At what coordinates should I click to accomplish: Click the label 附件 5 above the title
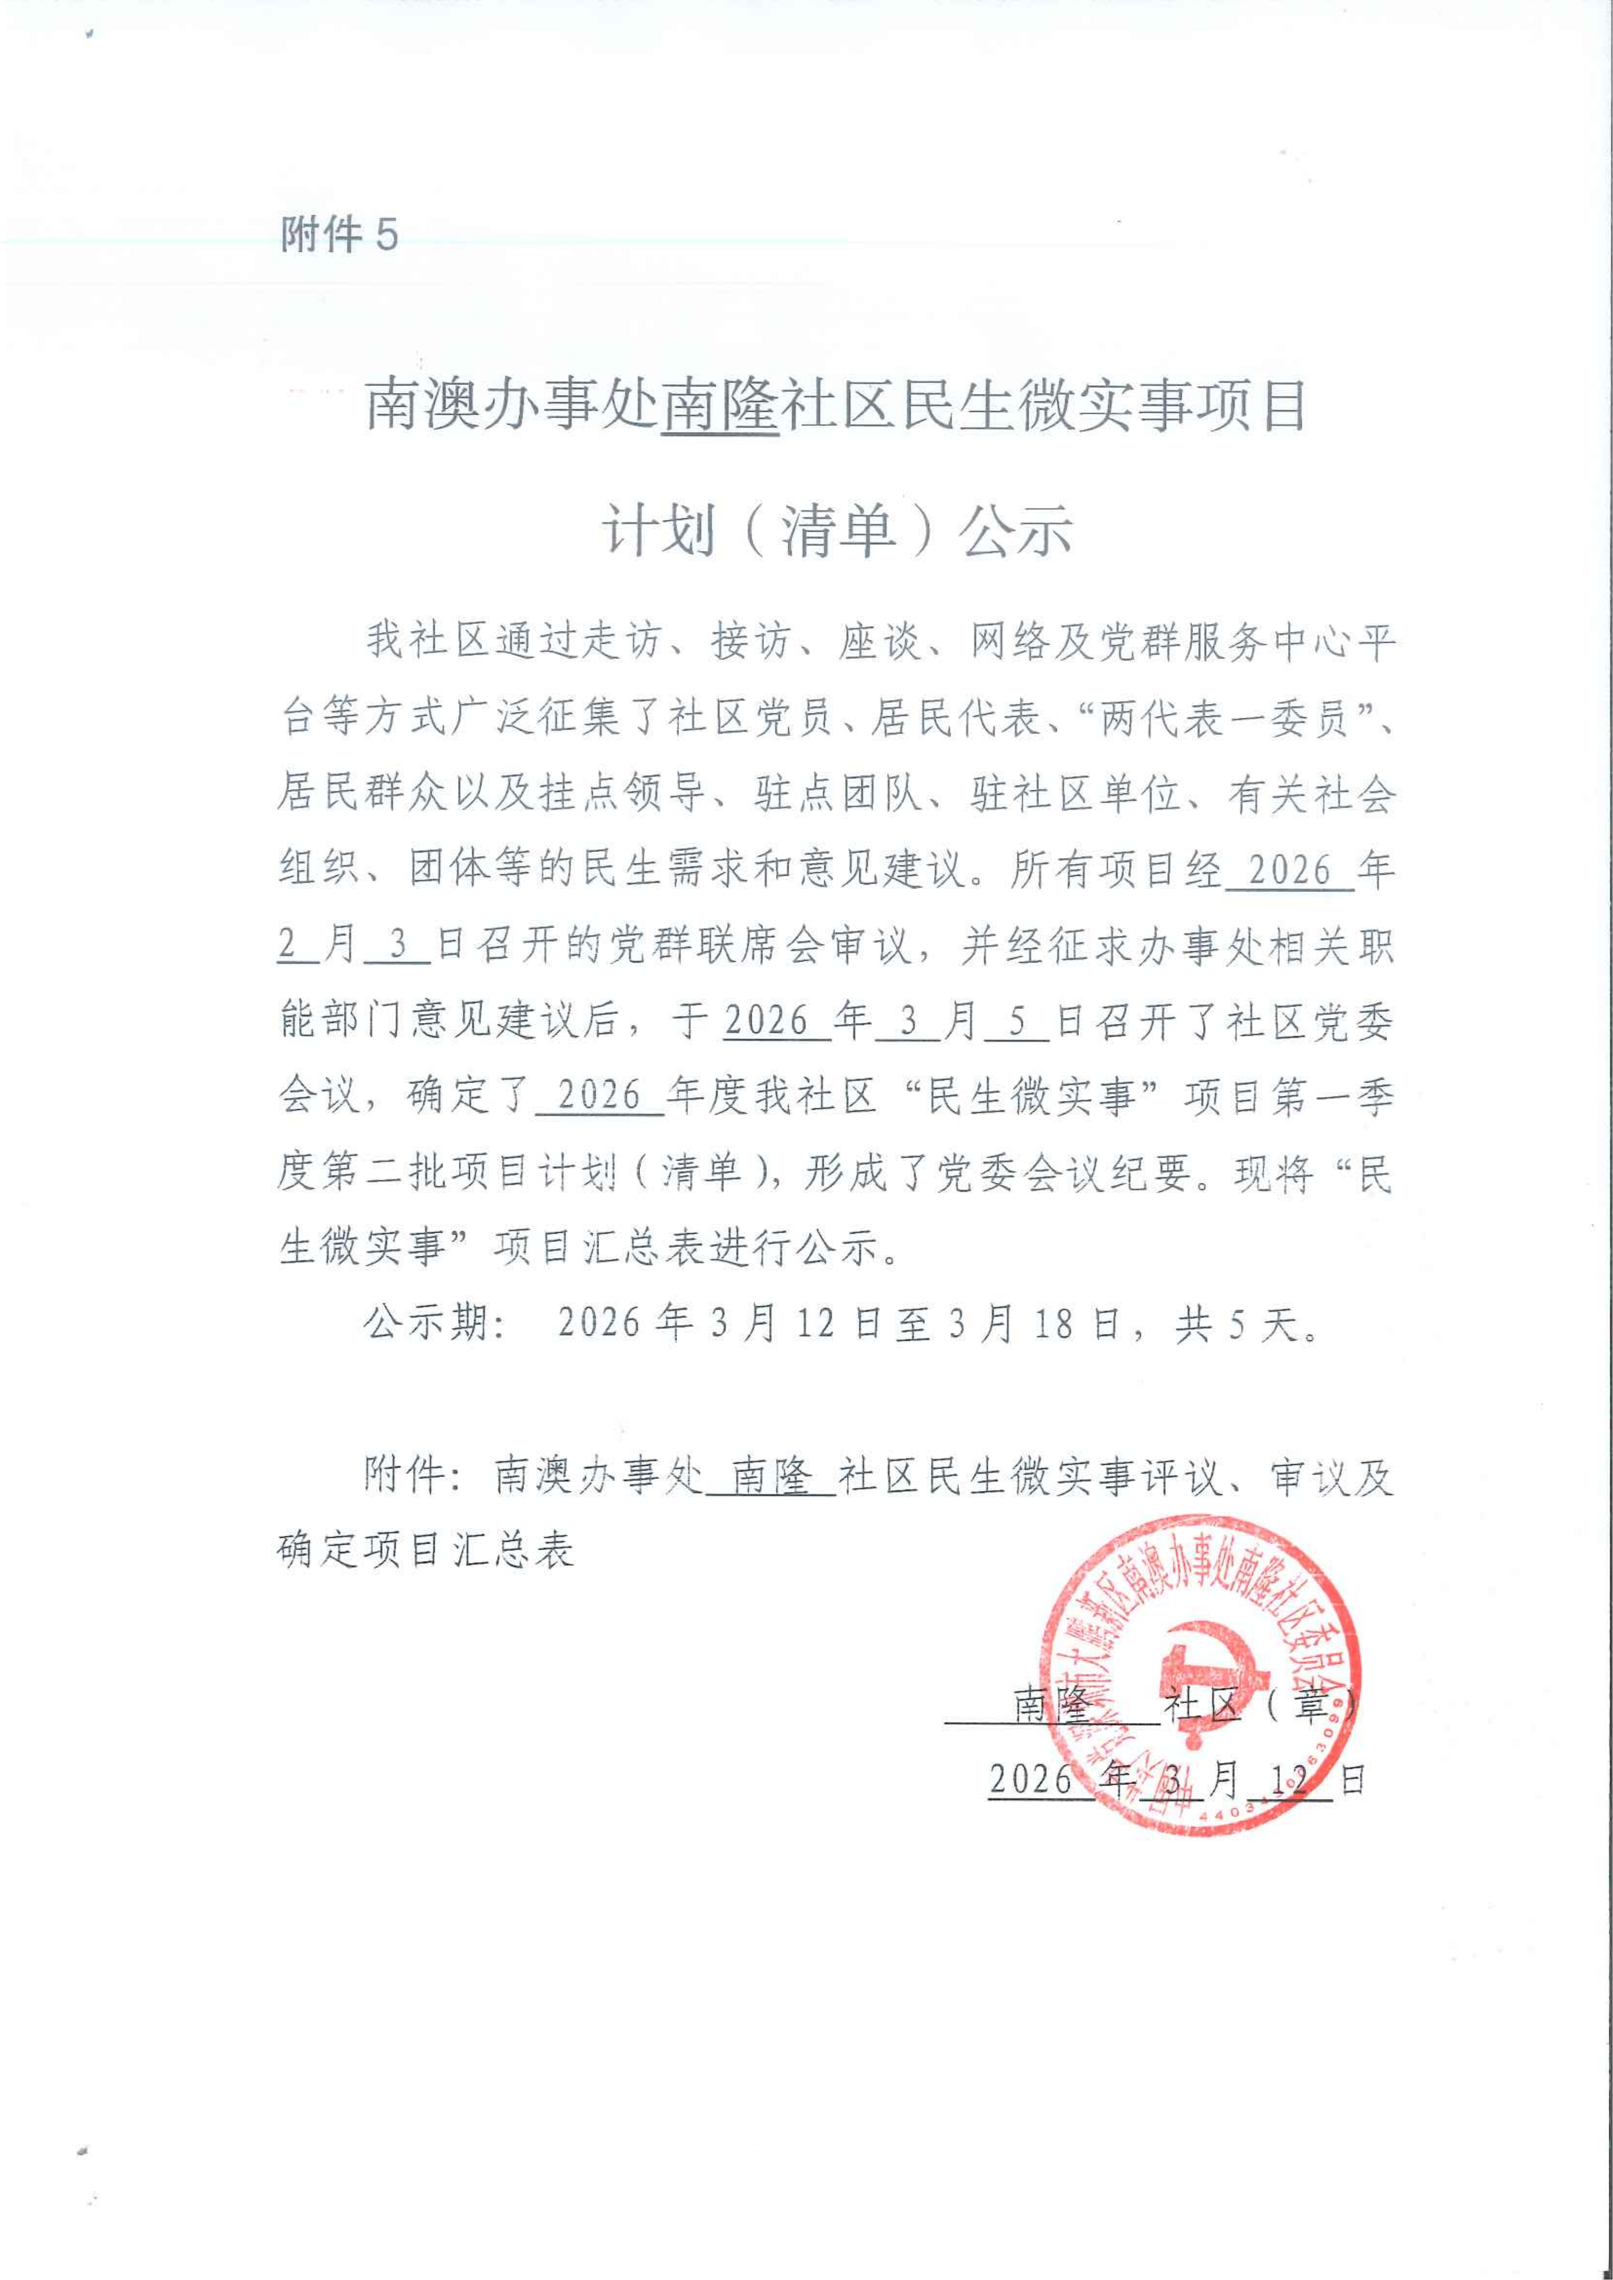coord(340,236)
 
